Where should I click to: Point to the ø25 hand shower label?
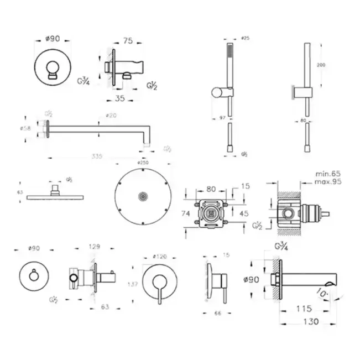pos(246,38)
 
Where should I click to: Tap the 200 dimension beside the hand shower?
pos(321,65)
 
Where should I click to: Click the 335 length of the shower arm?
pos(97,157)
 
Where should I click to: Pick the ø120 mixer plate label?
pos(160,257)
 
